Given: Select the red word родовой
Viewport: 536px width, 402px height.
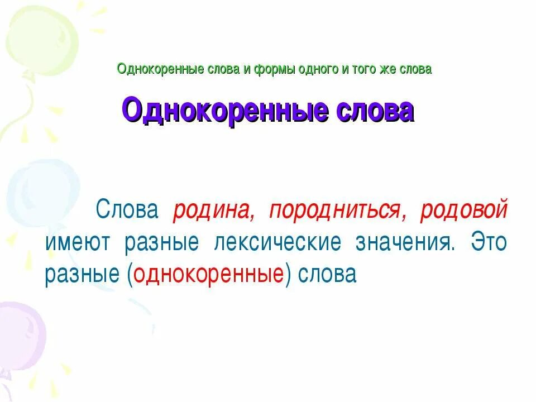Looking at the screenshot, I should point(464,210).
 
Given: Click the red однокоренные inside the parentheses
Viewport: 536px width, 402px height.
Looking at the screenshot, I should point(207,275).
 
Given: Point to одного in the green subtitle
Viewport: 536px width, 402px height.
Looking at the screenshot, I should point(314,70).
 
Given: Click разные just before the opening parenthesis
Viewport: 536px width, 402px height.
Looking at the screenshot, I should point(83,275).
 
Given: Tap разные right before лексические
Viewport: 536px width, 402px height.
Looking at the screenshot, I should point(162,243).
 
